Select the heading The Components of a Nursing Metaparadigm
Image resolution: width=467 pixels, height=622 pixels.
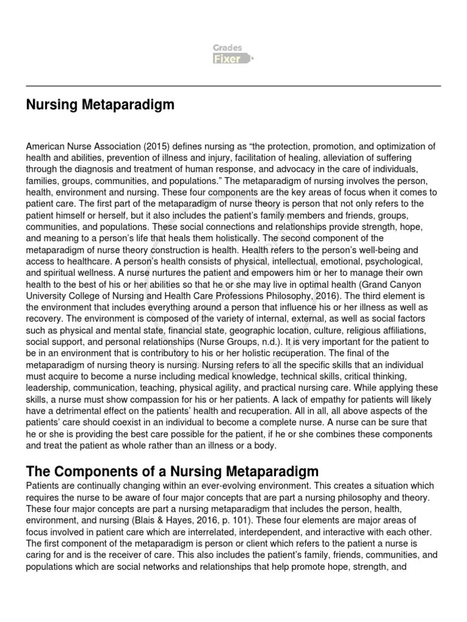(172, 471)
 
